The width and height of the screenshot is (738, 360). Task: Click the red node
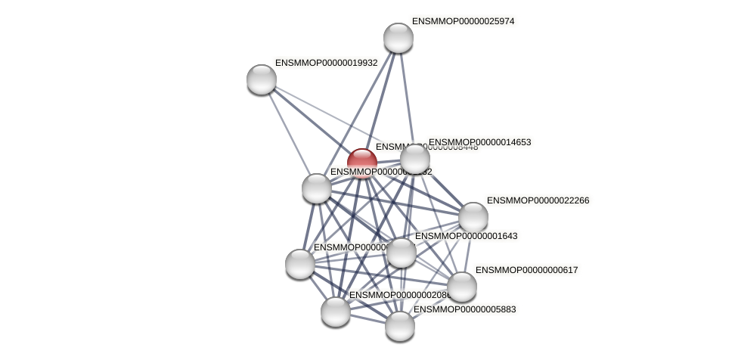click(x=362, y=161)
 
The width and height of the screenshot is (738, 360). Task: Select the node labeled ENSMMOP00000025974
click(x=398, y=38)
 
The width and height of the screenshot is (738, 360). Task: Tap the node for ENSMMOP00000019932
click(x=262, y=79)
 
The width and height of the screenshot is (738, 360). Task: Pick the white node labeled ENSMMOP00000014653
click(x=415, y=159)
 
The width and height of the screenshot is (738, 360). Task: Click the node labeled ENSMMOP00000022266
click(x=473, y=217)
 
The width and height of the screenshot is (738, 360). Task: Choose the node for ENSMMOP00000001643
click(x=402, y=253)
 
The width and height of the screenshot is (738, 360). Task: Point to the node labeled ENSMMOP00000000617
click(x=462, y=287)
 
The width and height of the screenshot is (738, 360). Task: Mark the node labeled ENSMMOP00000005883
click(x=400, y=326)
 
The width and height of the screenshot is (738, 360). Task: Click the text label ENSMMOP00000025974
click(x=463, y=21)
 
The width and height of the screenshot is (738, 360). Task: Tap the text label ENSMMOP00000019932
click(x=326, y=63)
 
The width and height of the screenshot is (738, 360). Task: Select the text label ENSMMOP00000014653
click(x=479, y=142)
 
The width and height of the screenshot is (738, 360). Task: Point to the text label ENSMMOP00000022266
click(x=538, y=200)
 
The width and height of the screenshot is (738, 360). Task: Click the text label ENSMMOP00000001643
click(x=466, y=236)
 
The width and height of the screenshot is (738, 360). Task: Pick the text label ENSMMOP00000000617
click(x=526, y=270)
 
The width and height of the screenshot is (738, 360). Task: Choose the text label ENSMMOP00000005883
click(x=464, y=309)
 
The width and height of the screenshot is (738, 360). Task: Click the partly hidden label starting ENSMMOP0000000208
click(x=397, y=295)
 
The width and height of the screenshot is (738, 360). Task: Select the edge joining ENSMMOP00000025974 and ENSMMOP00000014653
click(x=407, y=98)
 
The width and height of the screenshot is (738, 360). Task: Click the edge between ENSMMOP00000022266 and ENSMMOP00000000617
click(x=468, y=252)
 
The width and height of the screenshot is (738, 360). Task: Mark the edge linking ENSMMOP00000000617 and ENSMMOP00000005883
click(x=431, y=306)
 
